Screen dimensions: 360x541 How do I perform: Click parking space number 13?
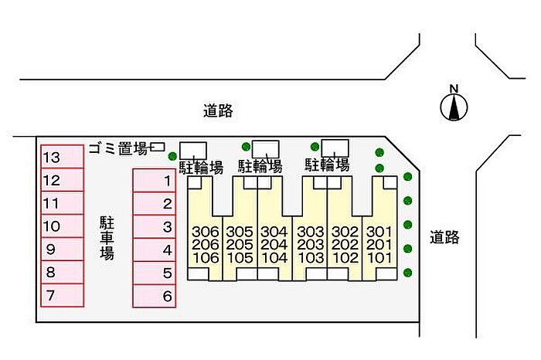[x=61, y=157]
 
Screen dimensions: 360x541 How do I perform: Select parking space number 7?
[x=61, y=295]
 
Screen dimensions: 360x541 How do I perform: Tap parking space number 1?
[x=155, y=181]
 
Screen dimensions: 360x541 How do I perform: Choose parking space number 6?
[x=155, y=295]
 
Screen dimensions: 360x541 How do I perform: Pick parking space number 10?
[x=61, y=226]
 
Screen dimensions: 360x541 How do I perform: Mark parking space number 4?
[x=155, y=250]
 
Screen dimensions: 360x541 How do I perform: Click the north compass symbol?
[x=454, y=107]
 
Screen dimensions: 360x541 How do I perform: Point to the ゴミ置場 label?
[x=117, y=148]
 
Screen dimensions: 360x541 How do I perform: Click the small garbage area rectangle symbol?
[x=158, y=146]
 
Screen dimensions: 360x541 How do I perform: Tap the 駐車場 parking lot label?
[x=107, y=239]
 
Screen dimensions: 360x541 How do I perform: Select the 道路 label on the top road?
[x=218, y=111]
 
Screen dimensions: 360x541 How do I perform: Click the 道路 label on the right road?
[x=445, y=237]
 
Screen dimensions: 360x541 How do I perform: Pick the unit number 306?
[x=206, y=232]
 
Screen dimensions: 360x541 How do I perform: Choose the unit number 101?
[x=379, y=258]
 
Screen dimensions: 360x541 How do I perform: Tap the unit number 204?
[x=274, y=245]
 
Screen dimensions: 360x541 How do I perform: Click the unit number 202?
[x=345, y=245]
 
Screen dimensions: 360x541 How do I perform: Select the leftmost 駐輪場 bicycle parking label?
[x=202, y=166]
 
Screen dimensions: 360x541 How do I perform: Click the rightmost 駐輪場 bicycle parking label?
[x=327, y=165]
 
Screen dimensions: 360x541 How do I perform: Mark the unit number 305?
[x=240, y=232]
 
